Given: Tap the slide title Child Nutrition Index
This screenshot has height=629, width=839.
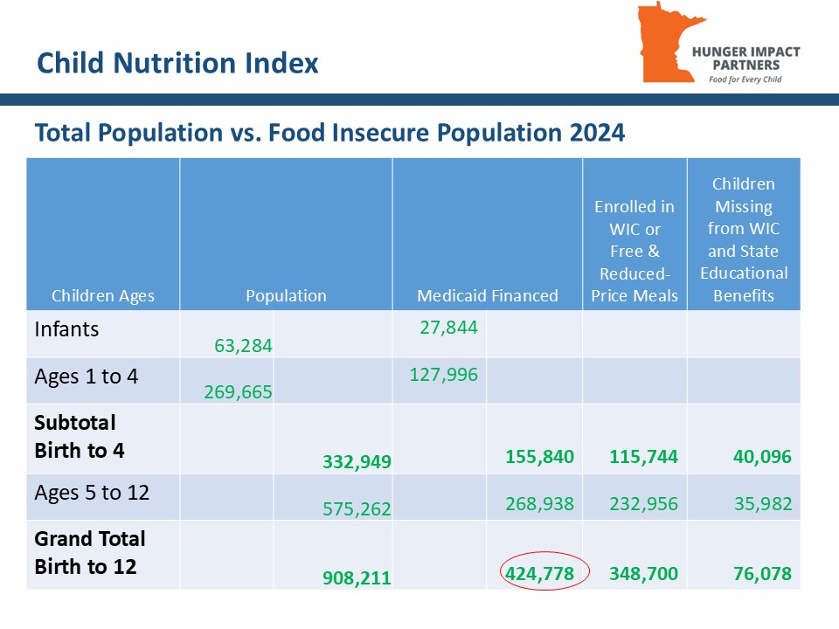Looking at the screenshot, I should (177, 63).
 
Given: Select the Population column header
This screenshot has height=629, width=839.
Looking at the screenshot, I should (286, 295).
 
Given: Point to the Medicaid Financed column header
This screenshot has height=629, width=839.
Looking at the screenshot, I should (487, 295).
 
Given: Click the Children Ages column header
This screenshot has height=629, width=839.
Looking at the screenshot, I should (103, 295).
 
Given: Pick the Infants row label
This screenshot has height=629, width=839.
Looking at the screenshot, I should (66, 329).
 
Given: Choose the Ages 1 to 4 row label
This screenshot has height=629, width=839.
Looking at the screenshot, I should (86, 377).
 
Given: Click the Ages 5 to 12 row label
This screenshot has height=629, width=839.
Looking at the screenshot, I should (91, 493).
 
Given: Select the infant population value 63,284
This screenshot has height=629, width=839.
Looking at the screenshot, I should (243, 346).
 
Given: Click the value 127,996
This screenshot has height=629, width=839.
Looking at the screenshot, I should (443, 374).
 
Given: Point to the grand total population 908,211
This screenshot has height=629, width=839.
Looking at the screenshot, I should (356, 577).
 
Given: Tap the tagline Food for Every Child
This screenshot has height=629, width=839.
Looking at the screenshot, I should (745, 79).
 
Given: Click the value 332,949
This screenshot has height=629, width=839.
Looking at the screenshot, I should (356, 460).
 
